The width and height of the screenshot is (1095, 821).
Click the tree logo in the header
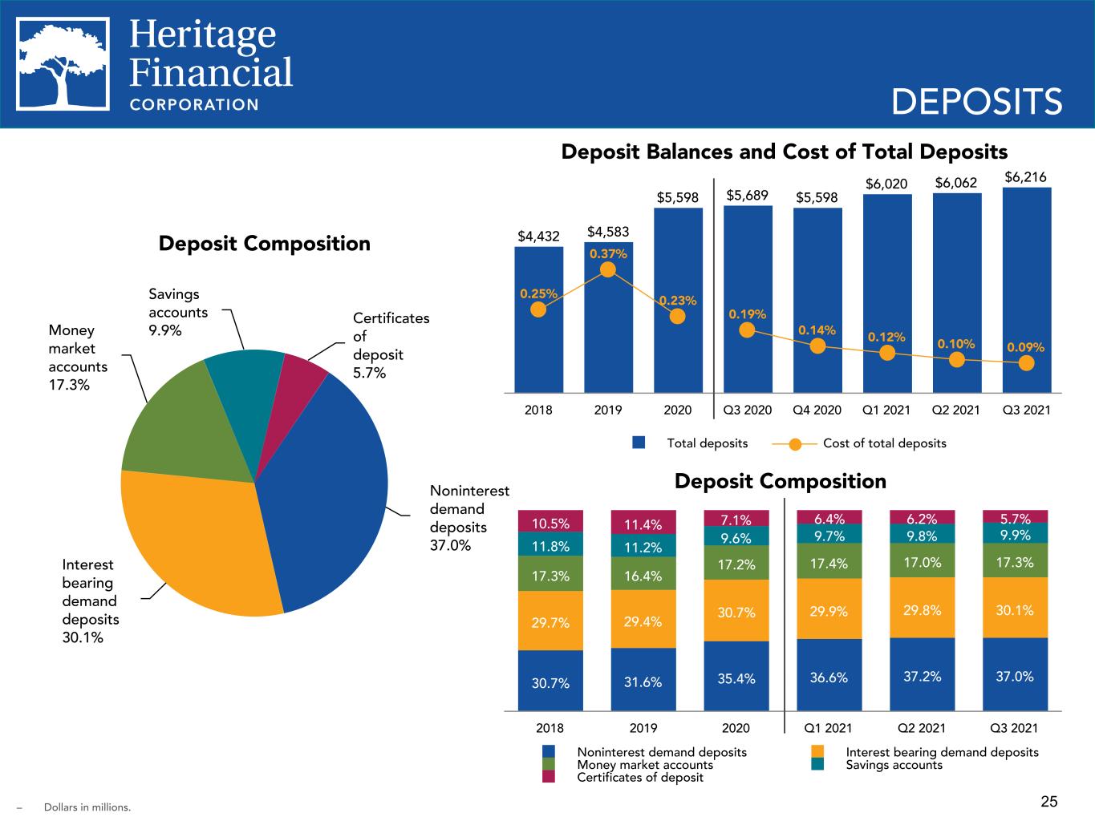[63, 64]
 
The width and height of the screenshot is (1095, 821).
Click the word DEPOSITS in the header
[977, 102]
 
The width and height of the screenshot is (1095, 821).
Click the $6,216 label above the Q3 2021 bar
[1025, 177]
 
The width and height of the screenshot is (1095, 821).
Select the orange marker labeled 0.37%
[607, 269]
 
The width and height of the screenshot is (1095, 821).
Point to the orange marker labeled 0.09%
[1026, 363]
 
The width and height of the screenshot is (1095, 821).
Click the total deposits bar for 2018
[539, 320]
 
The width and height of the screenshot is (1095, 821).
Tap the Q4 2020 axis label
[817, 410]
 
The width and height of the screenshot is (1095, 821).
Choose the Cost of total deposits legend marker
[795, 443]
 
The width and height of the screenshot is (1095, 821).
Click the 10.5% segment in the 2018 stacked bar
[550, 521]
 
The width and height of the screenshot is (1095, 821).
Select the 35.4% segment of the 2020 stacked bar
[736, 676]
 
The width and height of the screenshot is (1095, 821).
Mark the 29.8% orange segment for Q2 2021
[922, 608]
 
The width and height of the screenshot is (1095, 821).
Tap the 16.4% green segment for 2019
[643, 573]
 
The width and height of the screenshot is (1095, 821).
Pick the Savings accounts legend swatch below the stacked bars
[817, 764]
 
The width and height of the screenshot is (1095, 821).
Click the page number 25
[1049, 801]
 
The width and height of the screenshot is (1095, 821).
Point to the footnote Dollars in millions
[87, 807]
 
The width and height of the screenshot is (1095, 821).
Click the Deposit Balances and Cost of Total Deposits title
[785, 152]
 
